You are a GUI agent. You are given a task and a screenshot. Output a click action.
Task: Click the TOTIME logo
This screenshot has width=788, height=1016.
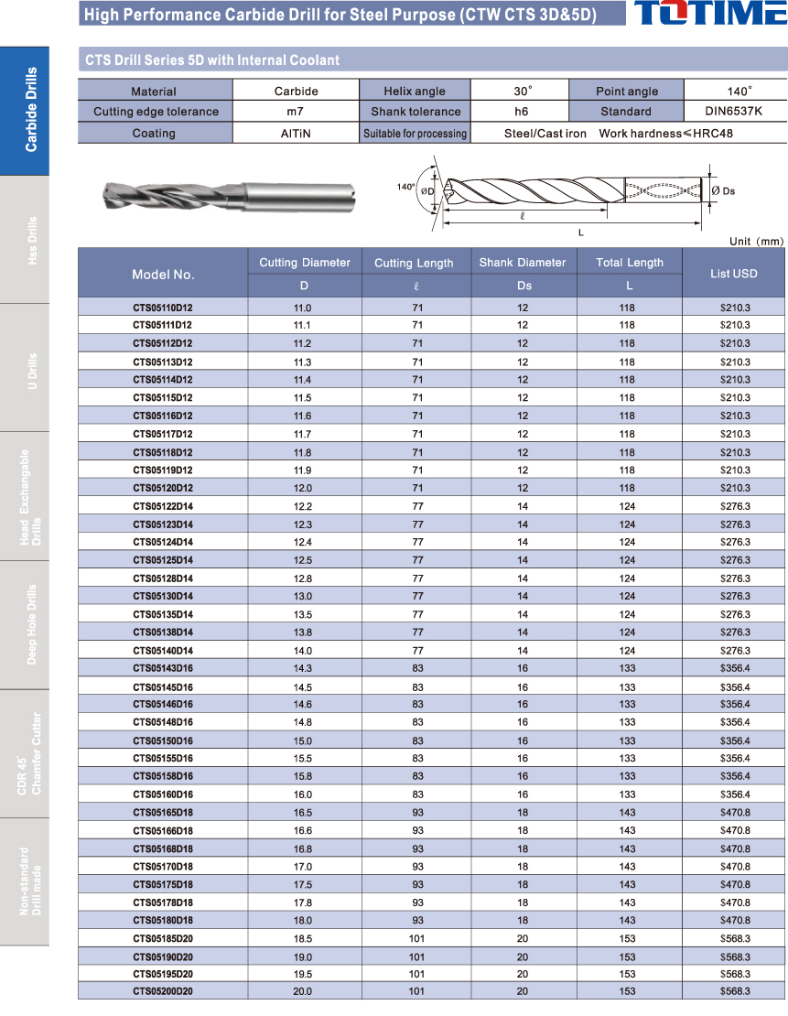[709, 14]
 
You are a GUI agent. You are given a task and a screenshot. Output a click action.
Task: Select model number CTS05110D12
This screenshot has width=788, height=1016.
[162, 308]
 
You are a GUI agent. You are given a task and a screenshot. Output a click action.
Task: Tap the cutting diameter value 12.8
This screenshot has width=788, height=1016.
[302, 578]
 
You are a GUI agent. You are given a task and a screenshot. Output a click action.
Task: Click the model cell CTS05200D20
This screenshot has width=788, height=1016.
[162, 991]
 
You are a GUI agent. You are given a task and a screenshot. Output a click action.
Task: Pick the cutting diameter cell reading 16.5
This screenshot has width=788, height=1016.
[302, 813]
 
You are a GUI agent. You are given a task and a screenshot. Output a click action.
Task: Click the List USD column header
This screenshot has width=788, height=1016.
[733, 274]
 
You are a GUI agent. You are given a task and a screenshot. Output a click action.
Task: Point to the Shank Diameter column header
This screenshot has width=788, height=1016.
[523, 263]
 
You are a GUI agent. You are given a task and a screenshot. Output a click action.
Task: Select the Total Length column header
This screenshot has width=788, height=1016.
[630, 263]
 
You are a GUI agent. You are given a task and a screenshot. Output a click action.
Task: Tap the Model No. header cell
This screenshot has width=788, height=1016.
[163, 274]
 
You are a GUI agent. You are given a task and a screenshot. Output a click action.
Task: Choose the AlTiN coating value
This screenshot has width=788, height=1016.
[296, 133]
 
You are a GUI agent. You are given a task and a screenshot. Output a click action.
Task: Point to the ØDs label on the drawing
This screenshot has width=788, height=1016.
[722, 190]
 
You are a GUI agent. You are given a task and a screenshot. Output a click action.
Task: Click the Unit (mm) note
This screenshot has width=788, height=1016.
[756, 242]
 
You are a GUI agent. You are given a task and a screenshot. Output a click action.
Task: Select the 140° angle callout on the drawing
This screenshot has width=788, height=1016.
[405, 187]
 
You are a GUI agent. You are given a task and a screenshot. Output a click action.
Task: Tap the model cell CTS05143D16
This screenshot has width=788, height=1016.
[162, 669]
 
